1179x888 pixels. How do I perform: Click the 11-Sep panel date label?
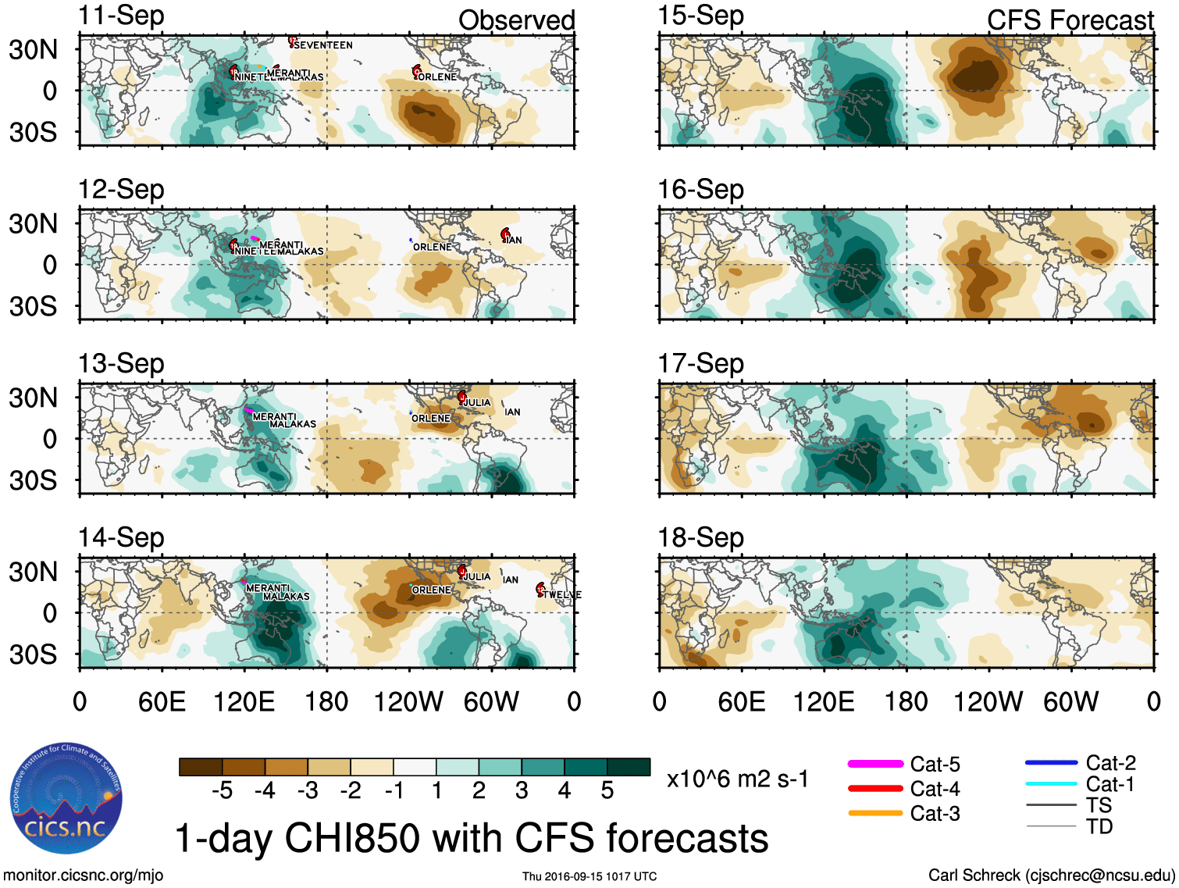pos(121,16)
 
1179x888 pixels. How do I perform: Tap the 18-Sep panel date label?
pos(700,538)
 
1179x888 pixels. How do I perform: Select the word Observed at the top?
pos(516,20)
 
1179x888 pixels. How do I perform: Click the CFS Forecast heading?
pos(1070,20)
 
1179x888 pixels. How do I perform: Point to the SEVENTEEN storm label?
pos(323,45)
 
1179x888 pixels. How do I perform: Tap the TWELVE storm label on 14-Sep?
pos(562,595)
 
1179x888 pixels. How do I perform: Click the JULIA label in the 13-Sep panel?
pos(477,403)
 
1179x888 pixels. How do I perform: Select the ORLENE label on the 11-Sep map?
pos(437,77)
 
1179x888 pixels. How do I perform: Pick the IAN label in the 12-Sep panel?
pos(513,240)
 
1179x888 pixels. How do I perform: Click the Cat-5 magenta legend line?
pos(875,764)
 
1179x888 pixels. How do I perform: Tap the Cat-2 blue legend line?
pos(1051,763)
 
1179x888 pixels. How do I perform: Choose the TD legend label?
pos(1099,826)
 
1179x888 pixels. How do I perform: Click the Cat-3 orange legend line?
pos(875,813)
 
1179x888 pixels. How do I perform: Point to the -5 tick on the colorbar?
pos(223,791)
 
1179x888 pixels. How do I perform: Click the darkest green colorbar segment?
pos(629,767)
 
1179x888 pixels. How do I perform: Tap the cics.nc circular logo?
pos(66,798)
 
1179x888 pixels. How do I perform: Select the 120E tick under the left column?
pos(244,701)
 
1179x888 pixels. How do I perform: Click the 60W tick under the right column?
pos(1070,701)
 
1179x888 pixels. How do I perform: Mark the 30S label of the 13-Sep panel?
pos(33,480)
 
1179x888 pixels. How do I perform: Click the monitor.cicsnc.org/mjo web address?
pos(83,876)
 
